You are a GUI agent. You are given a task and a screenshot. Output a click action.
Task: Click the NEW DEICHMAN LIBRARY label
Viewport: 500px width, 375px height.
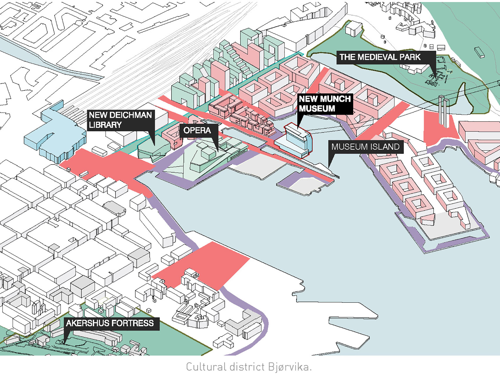121,120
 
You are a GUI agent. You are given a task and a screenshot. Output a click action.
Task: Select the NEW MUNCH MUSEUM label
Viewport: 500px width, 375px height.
325,104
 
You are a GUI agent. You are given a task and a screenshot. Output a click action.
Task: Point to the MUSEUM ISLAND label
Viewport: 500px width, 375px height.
366,147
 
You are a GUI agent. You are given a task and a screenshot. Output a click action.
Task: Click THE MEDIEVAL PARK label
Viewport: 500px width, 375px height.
380,57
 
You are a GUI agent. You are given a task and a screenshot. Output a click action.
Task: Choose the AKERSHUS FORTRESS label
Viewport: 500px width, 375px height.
110,323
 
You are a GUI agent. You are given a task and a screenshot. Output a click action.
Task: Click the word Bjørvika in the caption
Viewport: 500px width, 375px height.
289,367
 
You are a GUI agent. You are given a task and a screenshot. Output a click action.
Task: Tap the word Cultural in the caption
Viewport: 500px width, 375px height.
206,367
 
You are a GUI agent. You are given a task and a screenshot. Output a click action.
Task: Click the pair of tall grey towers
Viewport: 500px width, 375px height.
444,111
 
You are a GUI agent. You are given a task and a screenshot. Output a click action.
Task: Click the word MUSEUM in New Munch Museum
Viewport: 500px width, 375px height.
317,109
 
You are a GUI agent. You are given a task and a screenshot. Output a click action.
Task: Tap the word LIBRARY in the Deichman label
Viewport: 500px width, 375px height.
105,125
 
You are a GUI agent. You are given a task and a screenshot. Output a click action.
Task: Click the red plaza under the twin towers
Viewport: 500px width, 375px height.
440,129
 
